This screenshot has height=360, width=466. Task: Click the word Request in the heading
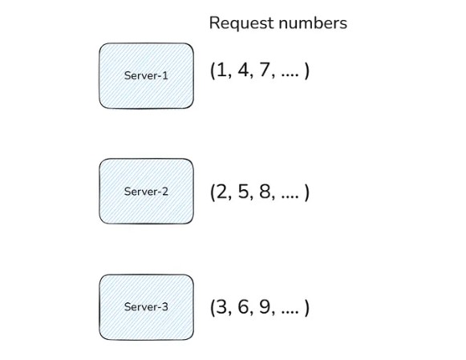pyautogui.click(x=241, y=23)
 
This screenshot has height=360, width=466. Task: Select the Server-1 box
pyautogui.click(x=146, y=75)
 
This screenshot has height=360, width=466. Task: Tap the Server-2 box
pyautogui.click(x=146, y=192)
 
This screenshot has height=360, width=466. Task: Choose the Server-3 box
pyautogui.click(x=146, y=307)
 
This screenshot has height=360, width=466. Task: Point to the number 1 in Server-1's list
pyautogui.click(x=221, y=71)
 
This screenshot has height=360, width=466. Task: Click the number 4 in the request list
pyautogui.click(x=243, y=71)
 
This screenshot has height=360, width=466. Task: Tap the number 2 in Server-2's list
pyautogui.click(x=221, y=192)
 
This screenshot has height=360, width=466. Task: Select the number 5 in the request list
pyautogui.click(x=243, y=192)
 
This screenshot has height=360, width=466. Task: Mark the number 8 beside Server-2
pyautogui.click(x=265, y=192)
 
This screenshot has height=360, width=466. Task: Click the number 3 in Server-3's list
pyautogui.click(x=221, y=307)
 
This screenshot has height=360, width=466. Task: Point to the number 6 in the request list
pyautogui.click(x=243, y=307)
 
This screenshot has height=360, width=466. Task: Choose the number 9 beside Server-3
pyautogui.click(x=265, y=307)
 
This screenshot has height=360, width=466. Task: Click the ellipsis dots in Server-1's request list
pyautogui.click(x=290, y=75)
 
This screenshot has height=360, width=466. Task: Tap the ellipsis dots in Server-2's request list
pyautogui.click(x=290, y=196)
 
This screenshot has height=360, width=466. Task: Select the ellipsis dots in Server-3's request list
pyautogui.click(x=290, y=312)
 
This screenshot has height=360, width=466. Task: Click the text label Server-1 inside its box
pyautogui.click(x=146, y=75)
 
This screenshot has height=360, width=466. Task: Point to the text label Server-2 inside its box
pyautogui.click(x=146, y=192)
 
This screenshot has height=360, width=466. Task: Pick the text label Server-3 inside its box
pyautogui.click(x=146, y=307)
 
